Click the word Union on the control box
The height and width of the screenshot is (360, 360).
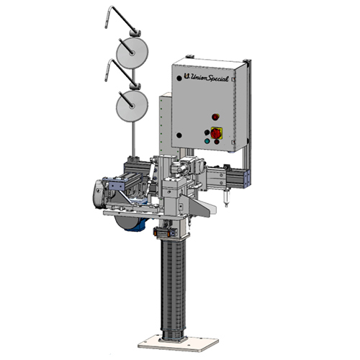click(x=198, y=78)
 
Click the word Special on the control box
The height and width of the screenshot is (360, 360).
click(x=217, y=78)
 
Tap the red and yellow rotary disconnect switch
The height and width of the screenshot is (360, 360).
click(x=217, y=133)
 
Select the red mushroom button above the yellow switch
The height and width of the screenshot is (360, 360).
click(x=215, y=117)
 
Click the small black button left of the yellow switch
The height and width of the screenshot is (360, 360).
click(x=207, y=132)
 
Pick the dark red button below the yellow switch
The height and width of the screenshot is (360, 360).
click(x=217, y=142)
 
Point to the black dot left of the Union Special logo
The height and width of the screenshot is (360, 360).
click(x=179, y=78)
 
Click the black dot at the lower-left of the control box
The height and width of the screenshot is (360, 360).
click(x=179, y=135)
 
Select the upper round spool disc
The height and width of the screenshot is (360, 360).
click(x=132, y=53)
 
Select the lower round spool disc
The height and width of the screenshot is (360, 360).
click(x=132, y=106)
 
